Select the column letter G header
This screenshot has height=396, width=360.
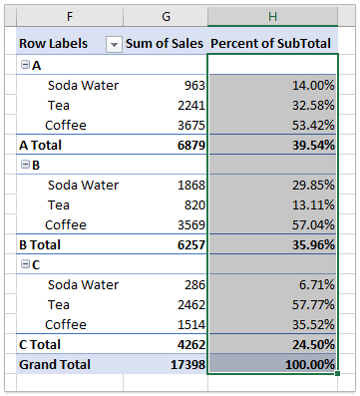click(167, 17)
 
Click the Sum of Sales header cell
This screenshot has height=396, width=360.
click(167, 44)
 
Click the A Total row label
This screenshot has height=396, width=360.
click(43, 145)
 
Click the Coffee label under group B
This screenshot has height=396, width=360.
click(66, 224)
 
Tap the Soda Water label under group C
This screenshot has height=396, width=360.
click(83, 284)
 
